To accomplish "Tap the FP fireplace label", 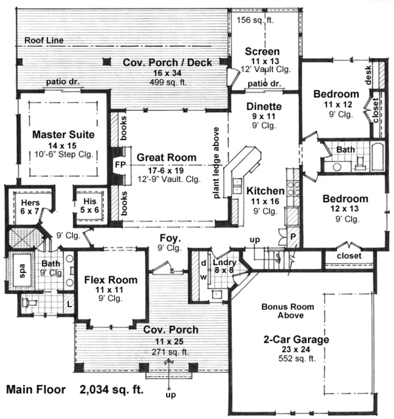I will pos(118,164).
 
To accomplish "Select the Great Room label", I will pos(166,158).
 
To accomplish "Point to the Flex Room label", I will pos(111,280).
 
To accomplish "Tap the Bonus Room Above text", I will pos(283,311).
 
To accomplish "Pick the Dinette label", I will pos(264,107).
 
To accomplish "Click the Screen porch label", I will pos(262,52).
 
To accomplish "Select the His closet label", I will pos(90,203).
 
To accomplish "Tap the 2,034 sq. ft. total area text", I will pos(112,389).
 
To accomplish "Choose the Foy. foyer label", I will pos(169,237).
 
